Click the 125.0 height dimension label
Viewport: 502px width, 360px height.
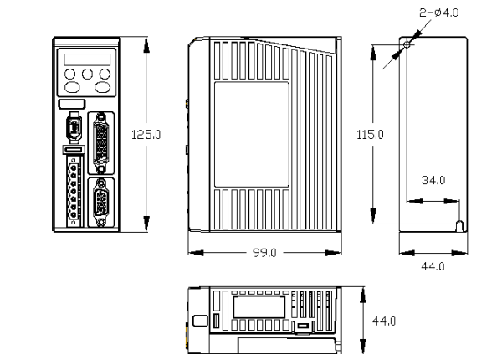click(x=146, y=135)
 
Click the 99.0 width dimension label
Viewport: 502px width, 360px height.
click(x=264, y=253)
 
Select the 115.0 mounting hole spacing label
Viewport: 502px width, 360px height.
click(x=370, y=135)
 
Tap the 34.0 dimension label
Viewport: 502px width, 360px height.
click(x=433, y=180)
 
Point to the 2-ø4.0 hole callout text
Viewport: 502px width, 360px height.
click(x=439, y=13)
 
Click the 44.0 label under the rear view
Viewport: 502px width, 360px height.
click(x=433, y=266)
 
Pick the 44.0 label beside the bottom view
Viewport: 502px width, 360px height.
click(x=384, y=321)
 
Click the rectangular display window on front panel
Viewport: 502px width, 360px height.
click(x=87, y=59)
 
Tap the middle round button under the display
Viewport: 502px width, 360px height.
click(x=87, y=74)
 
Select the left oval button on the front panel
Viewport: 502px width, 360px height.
click(x=72, y=87)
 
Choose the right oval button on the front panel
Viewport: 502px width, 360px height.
click(x=102, y=87)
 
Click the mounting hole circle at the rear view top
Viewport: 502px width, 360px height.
click(x=407, y=44)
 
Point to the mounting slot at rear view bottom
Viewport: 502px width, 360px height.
click(x=459, y=226)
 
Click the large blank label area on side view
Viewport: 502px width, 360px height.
click(x=252, y=135)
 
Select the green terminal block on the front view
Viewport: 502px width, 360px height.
click(x=74, y=191)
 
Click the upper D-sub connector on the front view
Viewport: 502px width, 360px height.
click(x=101, y=143)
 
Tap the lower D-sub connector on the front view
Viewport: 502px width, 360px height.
click(x=101, y=203)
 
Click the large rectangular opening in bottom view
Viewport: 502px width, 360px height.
click(x=259, y=306)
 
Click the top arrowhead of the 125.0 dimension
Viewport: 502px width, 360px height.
click(x=146, y=45)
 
